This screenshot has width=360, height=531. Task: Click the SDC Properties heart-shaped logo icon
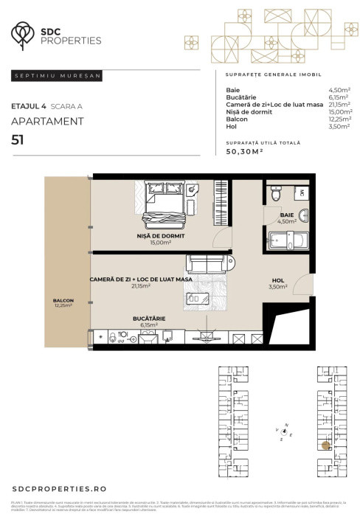coord(22,33)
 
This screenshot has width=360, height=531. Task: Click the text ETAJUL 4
coord(29,106)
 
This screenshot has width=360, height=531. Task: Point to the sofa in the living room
coord(209,263)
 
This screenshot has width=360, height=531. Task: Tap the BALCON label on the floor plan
coord(63,300)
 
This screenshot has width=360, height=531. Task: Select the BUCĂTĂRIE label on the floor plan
coord(148,319)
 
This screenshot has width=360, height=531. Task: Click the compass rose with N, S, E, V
coord(284,431)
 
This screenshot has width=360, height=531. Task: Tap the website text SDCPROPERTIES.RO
coord(60,489)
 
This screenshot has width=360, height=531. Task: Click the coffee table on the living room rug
coord(198,298)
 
